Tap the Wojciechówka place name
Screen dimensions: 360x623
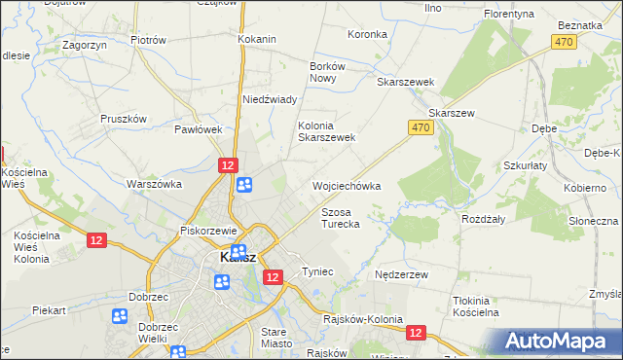[346, 185]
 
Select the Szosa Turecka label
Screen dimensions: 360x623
[341, 217]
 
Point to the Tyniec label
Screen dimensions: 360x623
[318, 271]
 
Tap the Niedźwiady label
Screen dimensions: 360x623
[269, 99]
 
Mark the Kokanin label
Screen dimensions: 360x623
[257, 39]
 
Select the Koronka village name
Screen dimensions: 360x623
[367, 34]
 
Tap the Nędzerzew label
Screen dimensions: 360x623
[402, 275]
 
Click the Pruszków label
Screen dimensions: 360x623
[123, 119]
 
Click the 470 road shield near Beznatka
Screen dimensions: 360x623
[562, 42]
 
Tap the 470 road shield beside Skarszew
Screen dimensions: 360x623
[420, 127]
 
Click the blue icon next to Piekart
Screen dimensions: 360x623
[120, 316]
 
